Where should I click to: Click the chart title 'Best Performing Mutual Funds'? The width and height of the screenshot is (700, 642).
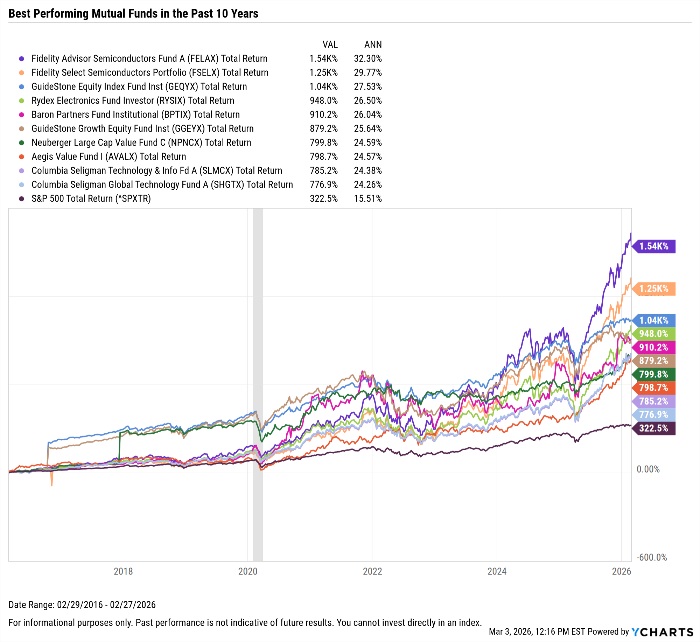[133, 14]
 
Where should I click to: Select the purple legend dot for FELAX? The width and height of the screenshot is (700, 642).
[22, 59]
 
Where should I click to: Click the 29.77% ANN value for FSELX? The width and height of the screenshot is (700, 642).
[367, 72]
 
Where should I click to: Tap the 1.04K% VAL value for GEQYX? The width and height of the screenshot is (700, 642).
[323, 86]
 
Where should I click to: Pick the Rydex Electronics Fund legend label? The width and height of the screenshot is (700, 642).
[133, 100]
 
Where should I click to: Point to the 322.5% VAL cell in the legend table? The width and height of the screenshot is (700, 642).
[323, 198]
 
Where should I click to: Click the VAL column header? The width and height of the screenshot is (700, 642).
[330, 44]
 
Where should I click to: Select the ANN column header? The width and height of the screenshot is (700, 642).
[373, 44]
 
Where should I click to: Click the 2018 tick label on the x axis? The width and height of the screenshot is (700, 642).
[123, 571]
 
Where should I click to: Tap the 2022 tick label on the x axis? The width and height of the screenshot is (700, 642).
[372, 571]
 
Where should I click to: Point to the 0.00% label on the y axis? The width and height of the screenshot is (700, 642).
[648, 469]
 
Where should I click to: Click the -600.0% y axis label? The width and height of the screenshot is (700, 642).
[651, 557]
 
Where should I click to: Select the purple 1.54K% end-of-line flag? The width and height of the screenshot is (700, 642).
[654, 246]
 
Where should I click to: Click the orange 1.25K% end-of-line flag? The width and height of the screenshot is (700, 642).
[654, 289]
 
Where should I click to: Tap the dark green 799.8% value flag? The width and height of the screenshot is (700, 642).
[654, 374]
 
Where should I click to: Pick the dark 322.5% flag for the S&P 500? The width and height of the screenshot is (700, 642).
[654, 428]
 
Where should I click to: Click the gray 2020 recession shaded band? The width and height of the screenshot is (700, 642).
[258, 385]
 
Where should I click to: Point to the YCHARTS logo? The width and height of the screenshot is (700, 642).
[662, 632]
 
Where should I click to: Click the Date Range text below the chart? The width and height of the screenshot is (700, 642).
[82, 605]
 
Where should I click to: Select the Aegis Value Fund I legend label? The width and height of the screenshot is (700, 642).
[108, 156]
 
